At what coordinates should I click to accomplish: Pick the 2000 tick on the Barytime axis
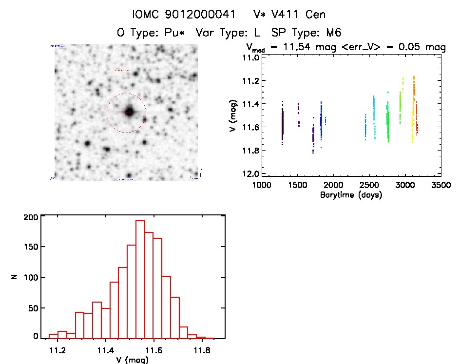pos(333,185)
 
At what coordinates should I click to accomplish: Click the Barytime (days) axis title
pos(351,195)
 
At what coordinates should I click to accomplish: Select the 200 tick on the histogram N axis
pos(30,218)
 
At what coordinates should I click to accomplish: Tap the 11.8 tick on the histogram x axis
pos(201,350)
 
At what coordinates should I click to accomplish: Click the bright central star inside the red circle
pos(129,111)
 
